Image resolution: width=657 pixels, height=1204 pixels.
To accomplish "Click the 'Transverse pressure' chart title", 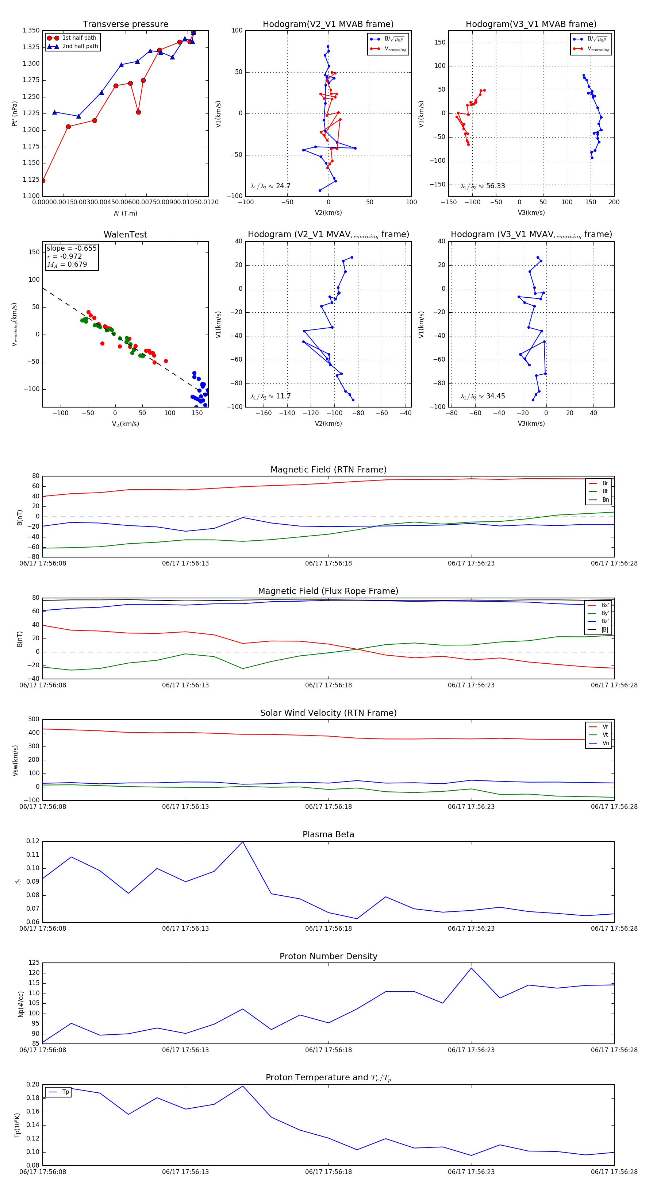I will click(125, 24).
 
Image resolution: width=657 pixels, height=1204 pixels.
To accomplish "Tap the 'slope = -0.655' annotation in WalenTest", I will click(72, 248).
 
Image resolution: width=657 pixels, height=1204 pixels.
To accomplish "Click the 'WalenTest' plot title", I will click(125, 235).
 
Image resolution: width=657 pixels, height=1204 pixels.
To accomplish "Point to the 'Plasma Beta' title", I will click(328, 834).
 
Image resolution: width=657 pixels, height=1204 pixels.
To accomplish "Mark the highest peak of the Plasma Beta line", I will click(243, 842).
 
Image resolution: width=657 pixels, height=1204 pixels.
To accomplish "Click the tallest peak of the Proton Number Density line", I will click(471, 968).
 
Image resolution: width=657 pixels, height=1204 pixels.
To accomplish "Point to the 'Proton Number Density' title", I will click(328, 956).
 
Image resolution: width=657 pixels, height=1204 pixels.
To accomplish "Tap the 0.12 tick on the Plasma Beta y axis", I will click(33, 841).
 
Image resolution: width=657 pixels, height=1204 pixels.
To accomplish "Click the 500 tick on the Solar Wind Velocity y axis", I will click(34, 719).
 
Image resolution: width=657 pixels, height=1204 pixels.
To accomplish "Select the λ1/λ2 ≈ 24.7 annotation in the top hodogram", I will click(270, 186).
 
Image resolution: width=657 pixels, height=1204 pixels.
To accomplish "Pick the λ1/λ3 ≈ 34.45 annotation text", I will click(483, 396).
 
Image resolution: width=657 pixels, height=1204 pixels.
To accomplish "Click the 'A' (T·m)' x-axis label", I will click(125, 213).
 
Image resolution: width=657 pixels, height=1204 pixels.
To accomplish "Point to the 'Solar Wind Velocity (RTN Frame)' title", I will click(328, 713).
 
